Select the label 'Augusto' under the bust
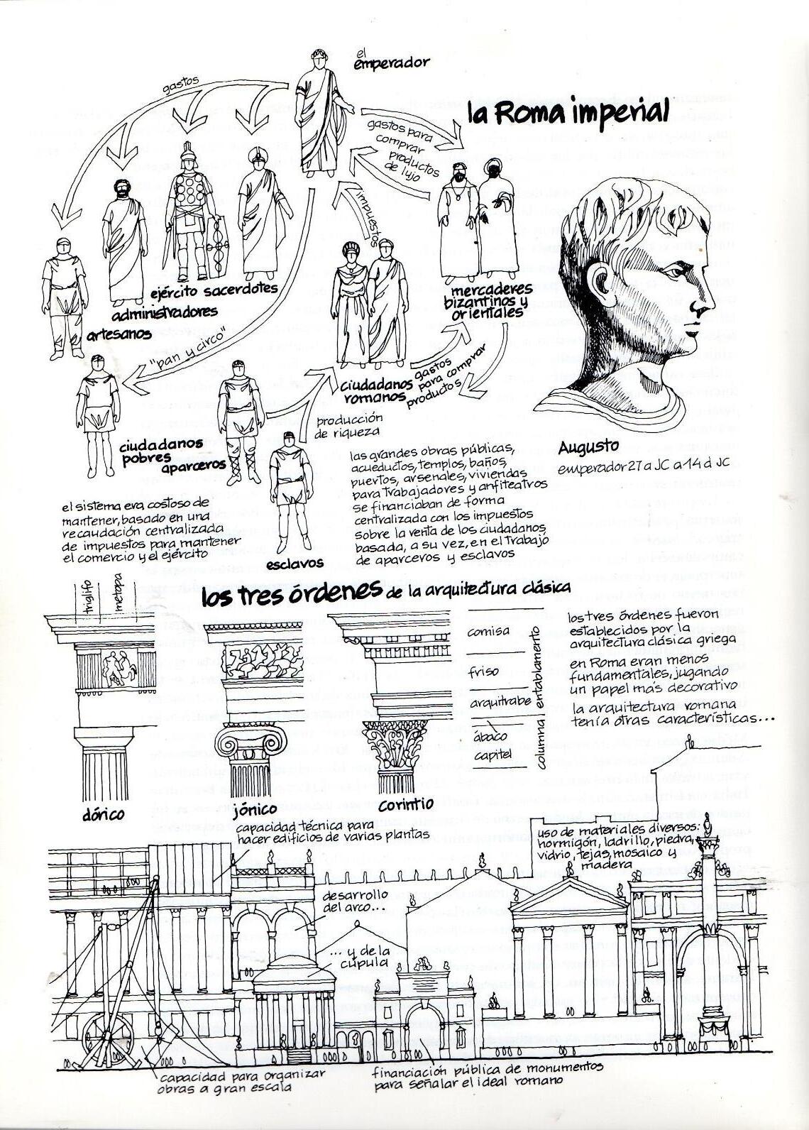click(x=589, y=446)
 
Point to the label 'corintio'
click(x=405, y=805)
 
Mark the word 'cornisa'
click(x=488, y=630)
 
